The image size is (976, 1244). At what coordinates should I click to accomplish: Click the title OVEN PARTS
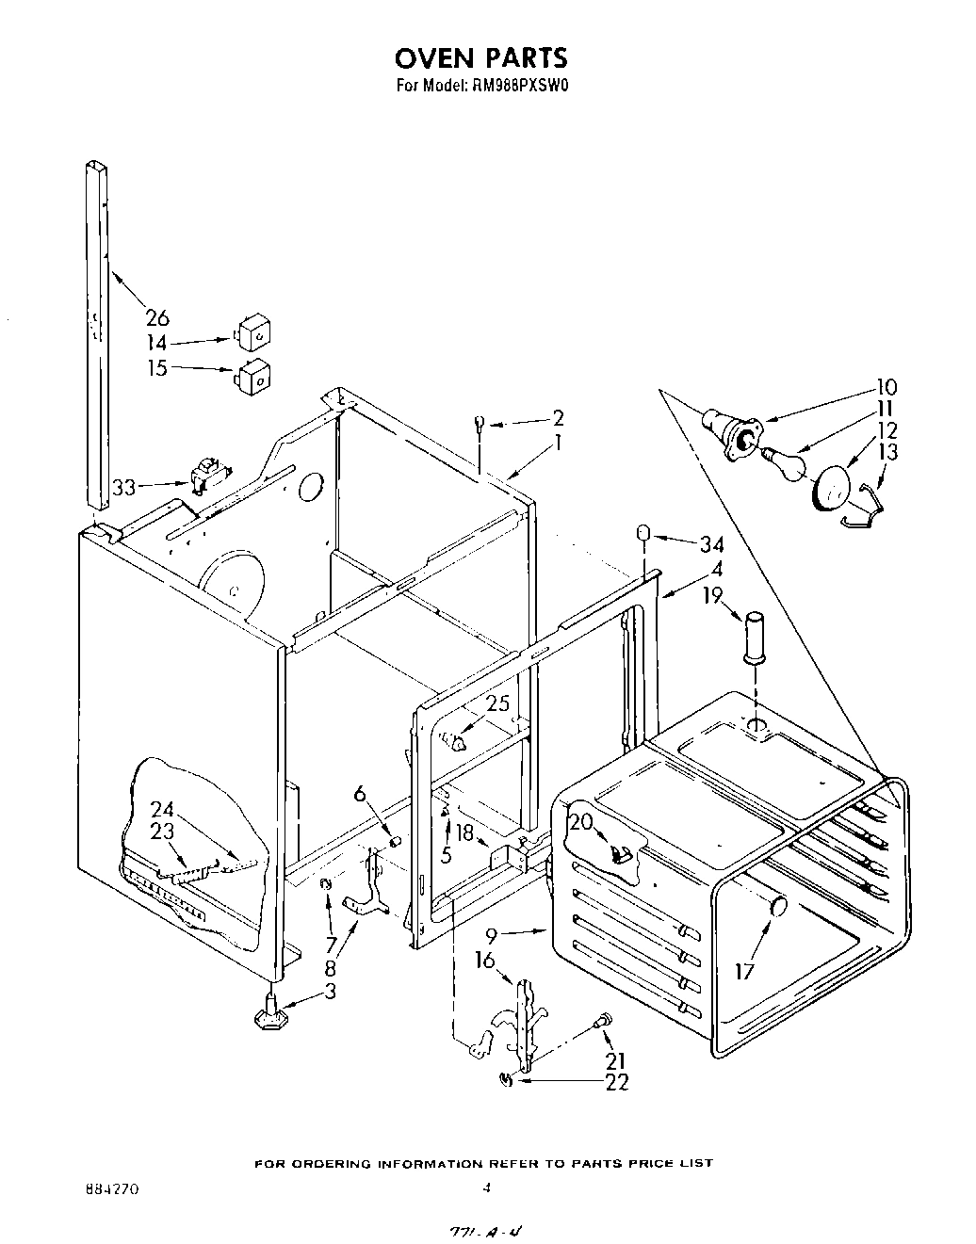(x=480, y=57)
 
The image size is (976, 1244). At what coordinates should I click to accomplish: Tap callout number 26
(x=156, y=317)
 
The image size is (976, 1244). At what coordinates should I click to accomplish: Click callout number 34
(x=710, y=543)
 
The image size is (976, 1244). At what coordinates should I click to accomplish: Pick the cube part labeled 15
(x=252, y=379)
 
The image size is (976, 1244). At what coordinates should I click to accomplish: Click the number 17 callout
(x=744, y=970)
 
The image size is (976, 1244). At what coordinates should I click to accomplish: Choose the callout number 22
(x=616, y=1083)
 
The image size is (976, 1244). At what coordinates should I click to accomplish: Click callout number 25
(x=498, y=703)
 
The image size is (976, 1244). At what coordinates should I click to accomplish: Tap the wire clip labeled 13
(x=867, y=500)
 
